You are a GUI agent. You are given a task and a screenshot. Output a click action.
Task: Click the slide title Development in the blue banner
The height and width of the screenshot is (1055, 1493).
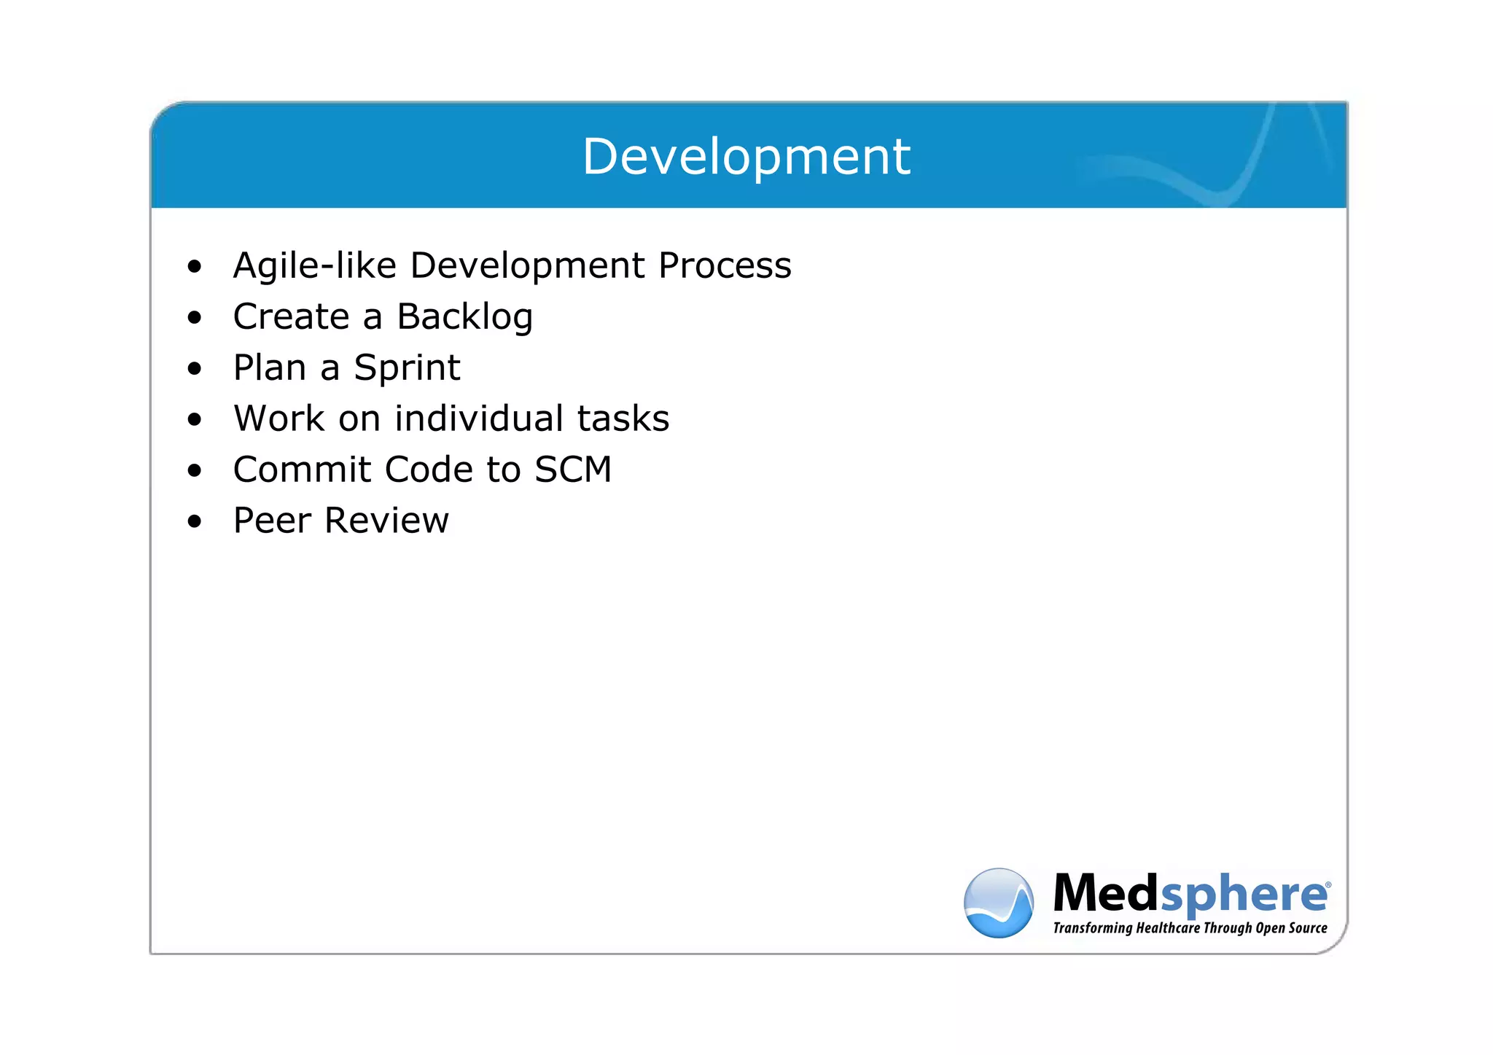[746, 157]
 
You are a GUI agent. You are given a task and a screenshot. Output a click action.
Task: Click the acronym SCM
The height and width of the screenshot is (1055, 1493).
[573, 470]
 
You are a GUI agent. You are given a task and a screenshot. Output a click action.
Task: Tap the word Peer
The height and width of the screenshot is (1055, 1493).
[272, 521]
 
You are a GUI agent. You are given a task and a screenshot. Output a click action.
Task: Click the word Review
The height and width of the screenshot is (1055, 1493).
[386, 521]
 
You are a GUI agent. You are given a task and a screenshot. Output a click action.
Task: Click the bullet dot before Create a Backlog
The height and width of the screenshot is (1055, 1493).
[194, 318]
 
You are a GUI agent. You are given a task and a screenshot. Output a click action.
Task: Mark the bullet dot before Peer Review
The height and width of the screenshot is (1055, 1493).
[194, 522]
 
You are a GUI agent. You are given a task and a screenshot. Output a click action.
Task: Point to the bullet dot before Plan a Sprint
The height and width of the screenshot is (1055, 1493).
[194, 369]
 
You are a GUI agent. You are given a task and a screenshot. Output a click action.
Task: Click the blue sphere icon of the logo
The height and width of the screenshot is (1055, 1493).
[998, 903]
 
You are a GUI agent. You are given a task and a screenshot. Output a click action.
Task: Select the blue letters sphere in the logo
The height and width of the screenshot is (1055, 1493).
[1242, 896]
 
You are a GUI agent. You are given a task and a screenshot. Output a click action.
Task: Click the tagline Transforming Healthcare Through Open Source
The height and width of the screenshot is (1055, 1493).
[1190, 928]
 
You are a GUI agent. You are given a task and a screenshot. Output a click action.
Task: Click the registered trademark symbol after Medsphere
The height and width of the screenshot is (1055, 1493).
[1328, 884]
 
